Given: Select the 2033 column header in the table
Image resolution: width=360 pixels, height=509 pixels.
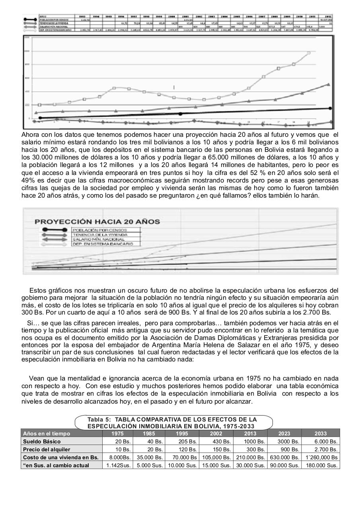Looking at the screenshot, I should (321, 433).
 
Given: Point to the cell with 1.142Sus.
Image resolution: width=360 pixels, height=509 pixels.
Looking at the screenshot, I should (118, 465).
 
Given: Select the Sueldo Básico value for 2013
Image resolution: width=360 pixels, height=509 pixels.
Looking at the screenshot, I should (253, 441).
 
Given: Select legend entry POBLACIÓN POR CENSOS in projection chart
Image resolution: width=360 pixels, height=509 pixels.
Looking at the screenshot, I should (99, 230).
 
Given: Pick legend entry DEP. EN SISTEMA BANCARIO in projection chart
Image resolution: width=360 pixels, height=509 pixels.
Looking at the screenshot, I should (102, 244).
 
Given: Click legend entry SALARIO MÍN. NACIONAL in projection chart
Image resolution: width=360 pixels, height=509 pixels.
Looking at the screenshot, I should (99, 239).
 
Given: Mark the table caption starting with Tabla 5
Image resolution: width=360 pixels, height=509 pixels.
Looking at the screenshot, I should (172, 422).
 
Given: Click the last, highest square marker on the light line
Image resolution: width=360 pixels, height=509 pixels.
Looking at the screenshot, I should (309, 52).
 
